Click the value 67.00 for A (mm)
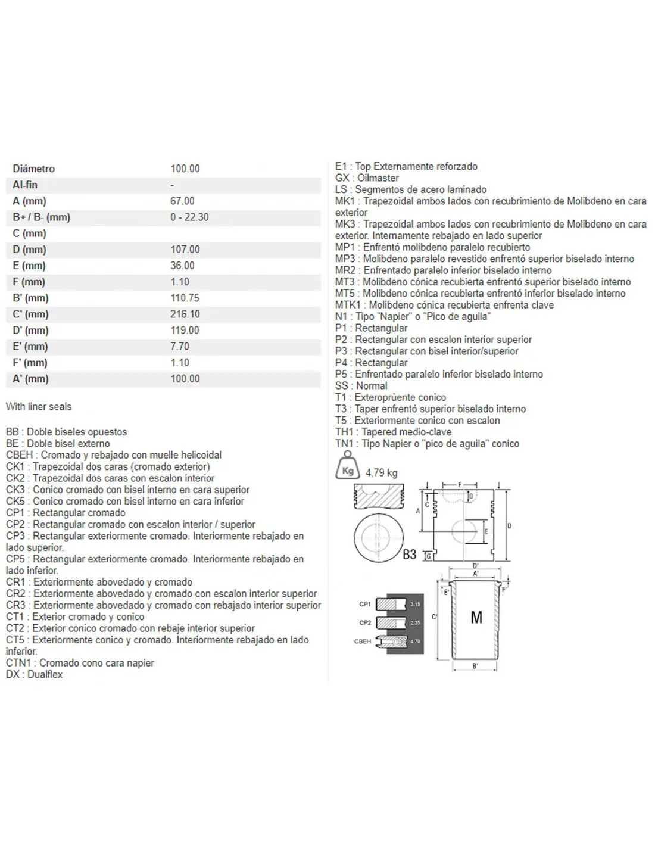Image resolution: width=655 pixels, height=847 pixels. click(x=182, y=201)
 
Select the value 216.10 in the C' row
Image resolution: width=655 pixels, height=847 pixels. click(x=185, y=314)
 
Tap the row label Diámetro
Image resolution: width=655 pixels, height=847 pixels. click(x=33, y=169)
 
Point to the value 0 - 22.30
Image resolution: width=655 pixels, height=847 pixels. click(x=189, y=217)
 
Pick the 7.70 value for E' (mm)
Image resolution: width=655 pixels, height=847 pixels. click(x=180, y=347)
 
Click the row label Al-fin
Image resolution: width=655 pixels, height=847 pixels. click(x=25, y=185)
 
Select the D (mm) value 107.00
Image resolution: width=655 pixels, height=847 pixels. click(x=185, y=250)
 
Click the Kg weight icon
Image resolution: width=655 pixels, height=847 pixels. click(x=348, y=465)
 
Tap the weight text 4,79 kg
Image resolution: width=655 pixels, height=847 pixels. click(x=381, y=473)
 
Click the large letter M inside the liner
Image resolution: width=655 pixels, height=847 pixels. click(x=476, y=618)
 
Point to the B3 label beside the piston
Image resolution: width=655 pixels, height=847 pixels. click(x=409, y=555)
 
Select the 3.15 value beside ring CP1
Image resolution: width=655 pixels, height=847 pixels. click(x=415, y=604)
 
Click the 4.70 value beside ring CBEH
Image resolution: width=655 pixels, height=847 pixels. click(x=415, y=642)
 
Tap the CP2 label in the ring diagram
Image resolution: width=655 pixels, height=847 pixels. click(x=365, y=623)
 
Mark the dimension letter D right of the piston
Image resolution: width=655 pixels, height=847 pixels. click(x=509, y=526)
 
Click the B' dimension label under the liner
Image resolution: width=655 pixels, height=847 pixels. click(x=475, y=666)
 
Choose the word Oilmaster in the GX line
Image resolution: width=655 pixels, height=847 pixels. click(x=378, y=178)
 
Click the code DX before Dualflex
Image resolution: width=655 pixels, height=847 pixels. click(x=13, y=675)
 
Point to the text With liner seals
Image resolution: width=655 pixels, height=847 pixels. click(x=39, y=407)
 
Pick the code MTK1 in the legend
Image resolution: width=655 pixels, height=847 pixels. click(x=348, y=305)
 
